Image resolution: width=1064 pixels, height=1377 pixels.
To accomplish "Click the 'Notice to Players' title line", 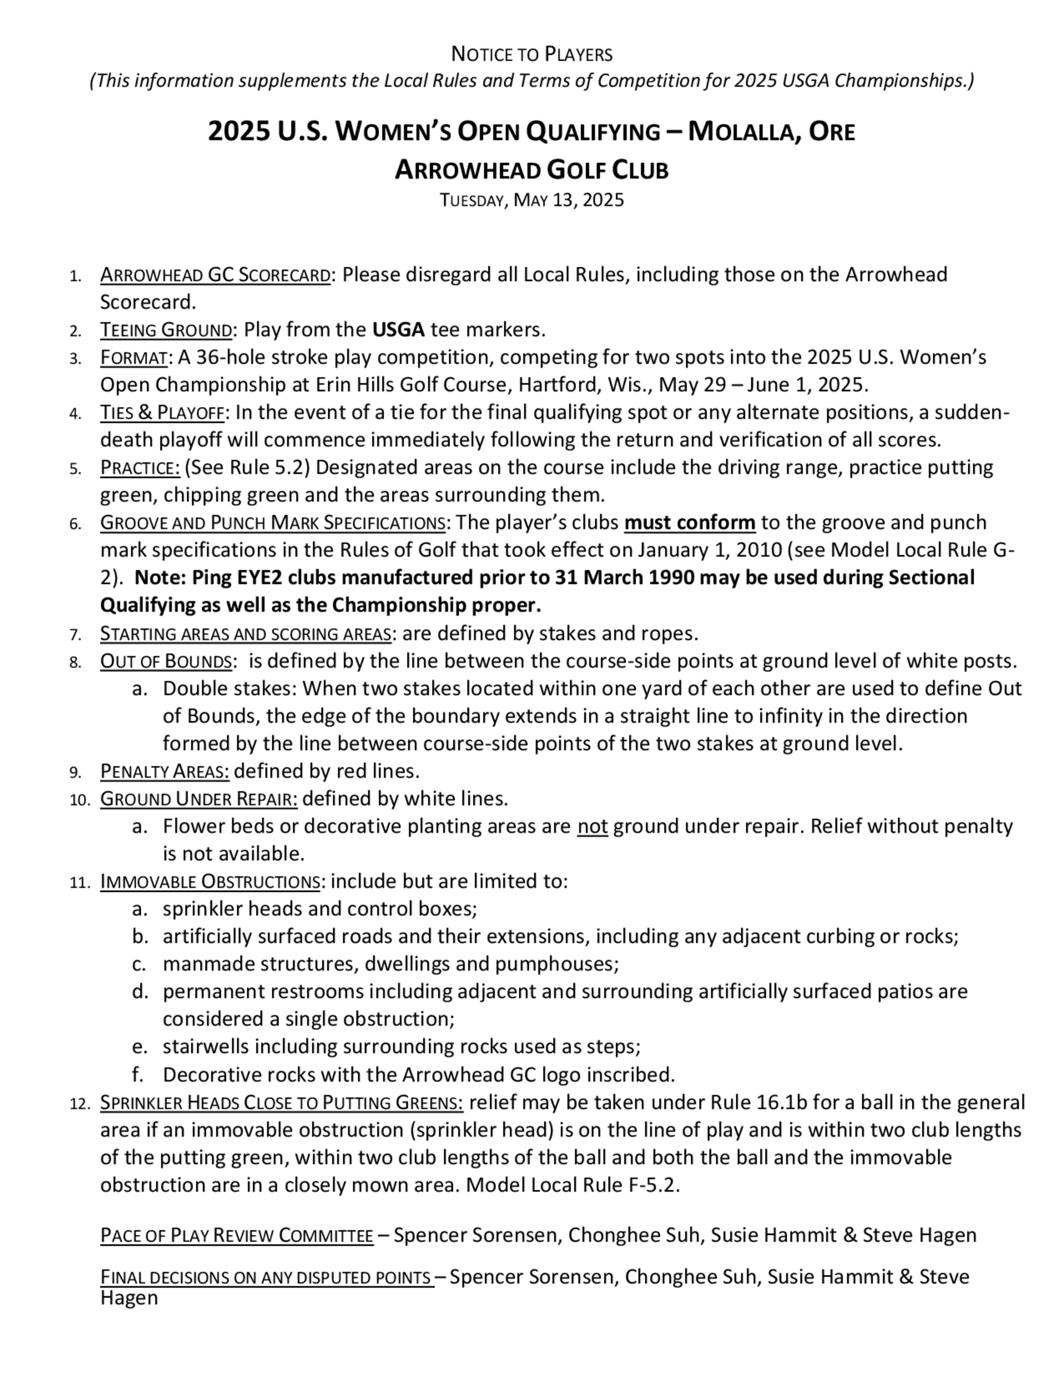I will pyautogui.click(x=531, y=55).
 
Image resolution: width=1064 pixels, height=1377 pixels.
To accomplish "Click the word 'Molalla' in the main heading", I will pyautogui.click(x=741, y=132).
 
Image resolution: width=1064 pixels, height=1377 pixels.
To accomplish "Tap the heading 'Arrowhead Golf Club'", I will pyautogui.click(x=531, y=170).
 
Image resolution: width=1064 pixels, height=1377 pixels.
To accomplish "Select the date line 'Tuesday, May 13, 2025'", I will pyautogui.click(x=531, y=201).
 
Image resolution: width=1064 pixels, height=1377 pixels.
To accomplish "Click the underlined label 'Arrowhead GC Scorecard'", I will pyautogui.click(x=215, y=276).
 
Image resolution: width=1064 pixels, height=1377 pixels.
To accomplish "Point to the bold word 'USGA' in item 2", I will pyautogui.click(x=398, y=330).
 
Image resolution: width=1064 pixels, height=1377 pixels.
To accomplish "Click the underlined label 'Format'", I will pyautogui.click(x=134, y=358).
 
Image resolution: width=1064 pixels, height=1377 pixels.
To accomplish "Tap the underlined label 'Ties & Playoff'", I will pyautogui.click(x=162, y=413).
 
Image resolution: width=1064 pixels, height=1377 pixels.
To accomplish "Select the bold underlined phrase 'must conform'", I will pyautogui.click(x=689, y=522).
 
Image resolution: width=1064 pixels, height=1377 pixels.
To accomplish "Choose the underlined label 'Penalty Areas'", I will pyautogui.click(x=164, y=771).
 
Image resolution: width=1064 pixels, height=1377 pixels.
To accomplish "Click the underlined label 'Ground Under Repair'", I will pyautogui.click(x=198, y=799).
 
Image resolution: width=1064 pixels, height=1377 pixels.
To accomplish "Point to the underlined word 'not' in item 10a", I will pyautogui.click(x=593, y=827).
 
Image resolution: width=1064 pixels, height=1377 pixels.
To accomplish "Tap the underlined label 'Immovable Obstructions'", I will pyautogui.click(x=210, y=882).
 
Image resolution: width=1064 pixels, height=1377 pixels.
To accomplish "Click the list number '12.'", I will pyautogui.click(x=80, y=1104).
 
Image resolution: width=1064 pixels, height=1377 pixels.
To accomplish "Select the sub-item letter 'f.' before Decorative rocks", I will pyautogui.click(x=139, y=1074).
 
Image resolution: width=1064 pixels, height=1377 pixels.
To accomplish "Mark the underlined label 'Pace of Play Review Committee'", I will pyautogui.click(x=236, y=1235).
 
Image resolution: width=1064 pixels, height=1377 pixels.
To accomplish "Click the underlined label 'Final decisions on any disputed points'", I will pyautogui.click(x=267, y=1278).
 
